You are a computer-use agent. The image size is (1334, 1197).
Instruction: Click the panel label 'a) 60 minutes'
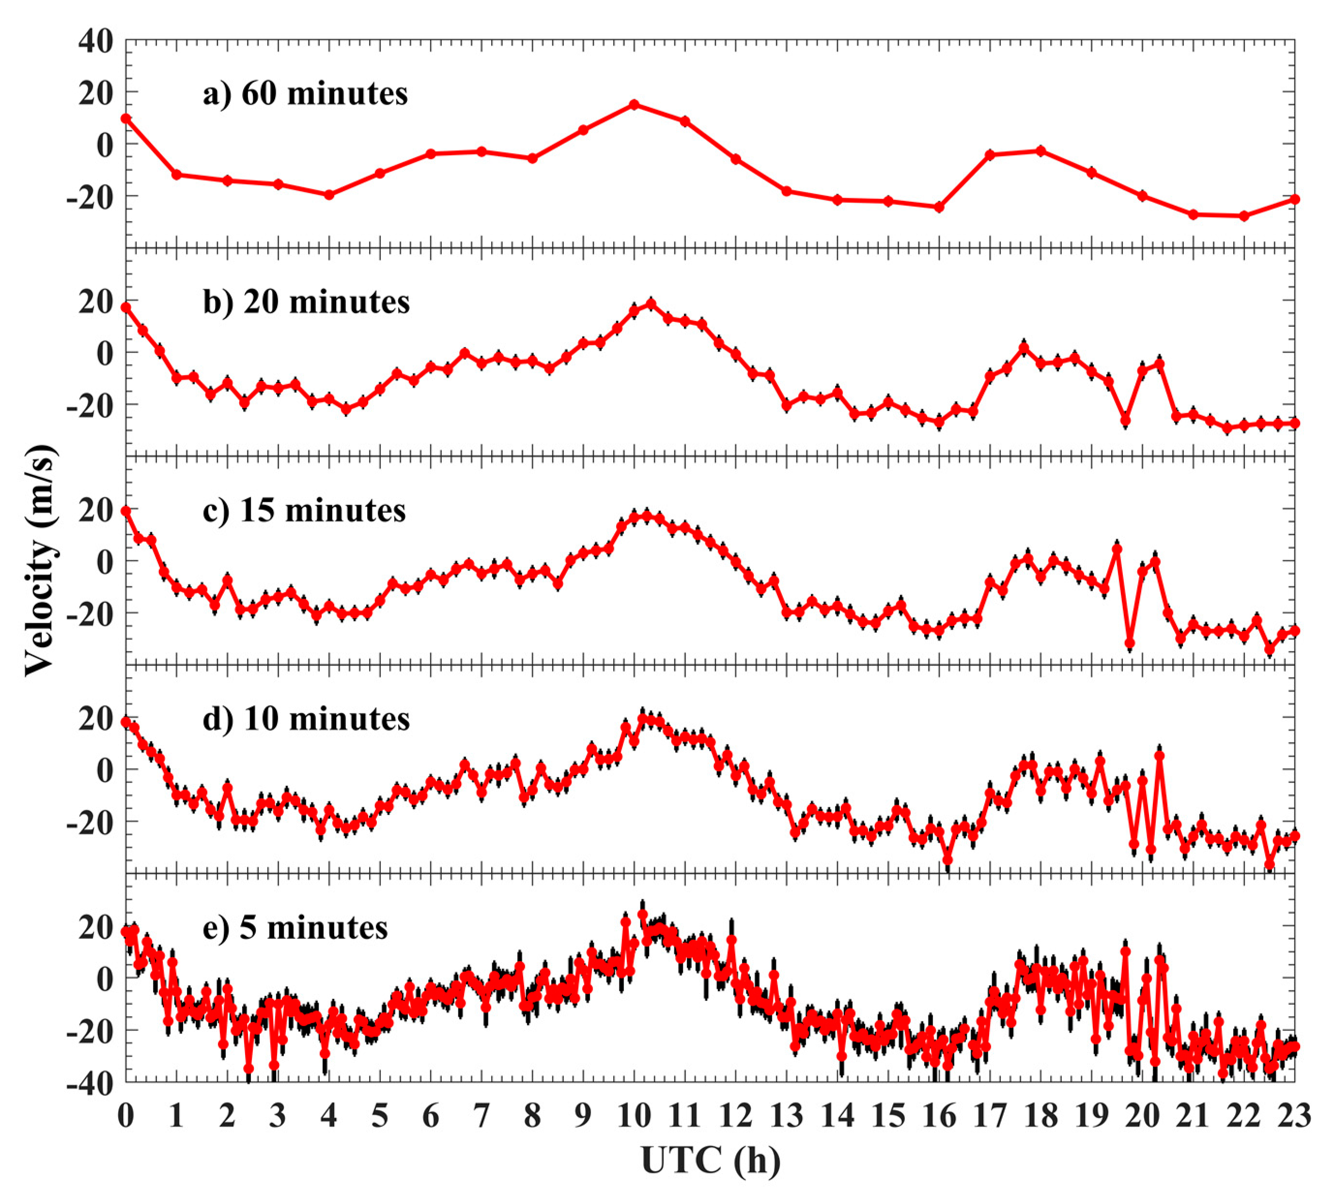pyautogui.click(x=305, y=94)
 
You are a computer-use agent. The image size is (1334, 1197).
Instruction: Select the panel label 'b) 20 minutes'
pyautogui.click(x=307, y=303)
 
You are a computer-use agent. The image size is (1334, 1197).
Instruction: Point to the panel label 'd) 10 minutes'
pyautogui.click(x=307, y=719)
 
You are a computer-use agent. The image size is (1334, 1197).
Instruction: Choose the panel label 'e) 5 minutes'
pyautogui.click(x=295, y=928)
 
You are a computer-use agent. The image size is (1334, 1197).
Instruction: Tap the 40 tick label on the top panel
pyautogui.click(x=96, y=42)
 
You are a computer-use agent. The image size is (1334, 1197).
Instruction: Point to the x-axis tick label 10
pyautogui.click(x=634, y=1116)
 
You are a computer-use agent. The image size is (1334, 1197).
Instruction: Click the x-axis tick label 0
pyautogui.click(x=125, y=1116)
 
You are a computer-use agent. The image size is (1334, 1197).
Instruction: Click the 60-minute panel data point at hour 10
pyautogui.click(x=634, y=105)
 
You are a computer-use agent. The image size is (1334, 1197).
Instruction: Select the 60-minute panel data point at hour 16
pyautogui.click(x=939, y=207)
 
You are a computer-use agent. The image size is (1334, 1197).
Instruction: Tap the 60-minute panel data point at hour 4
pyautogui.click(x=329, y=195)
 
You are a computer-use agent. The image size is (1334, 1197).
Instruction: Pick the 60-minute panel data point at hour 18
pyautogui.click(x=1040, y=151)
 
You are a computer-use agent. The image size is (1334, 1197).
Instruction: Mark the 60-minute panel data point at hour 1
pyautogui.click(x=176, y=174)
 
